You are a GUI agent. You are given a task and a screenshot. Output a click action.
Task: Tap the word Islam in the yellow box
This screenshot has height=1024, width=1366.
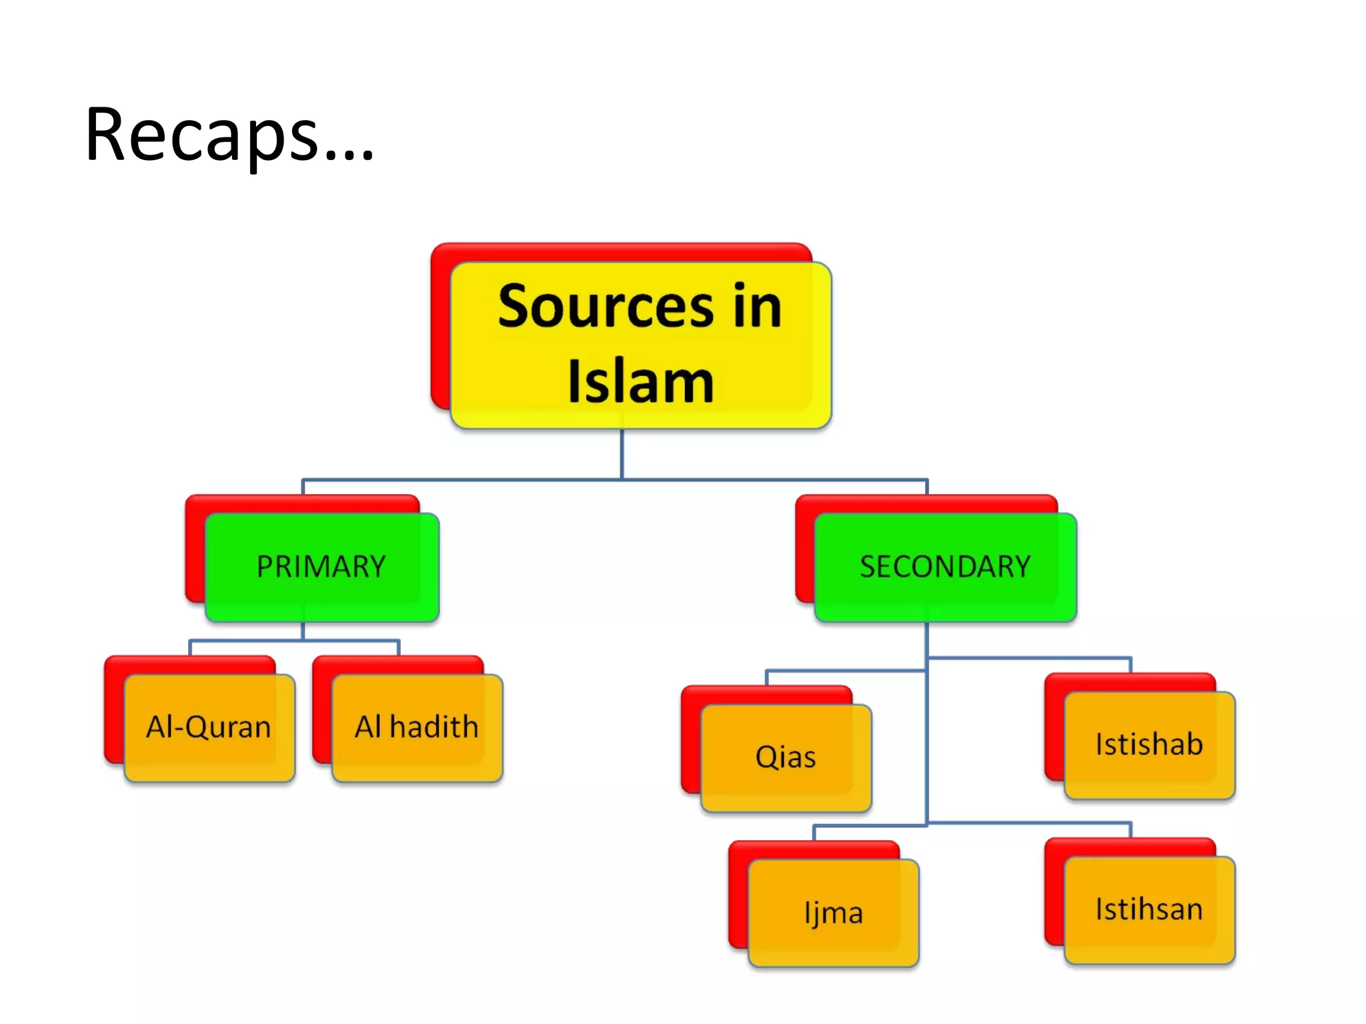coord(640,382)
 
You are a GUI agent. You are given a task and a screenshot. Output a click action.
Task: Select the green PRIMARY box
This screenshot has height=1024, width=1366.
coord(321,567)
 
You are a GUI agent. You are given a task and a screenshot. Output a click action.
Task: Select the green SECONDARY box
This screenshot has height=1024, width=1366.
coord(945,567)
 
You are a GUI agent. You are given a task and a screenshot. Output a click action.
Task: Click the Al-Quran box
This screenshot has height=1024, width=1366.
coord(209,727)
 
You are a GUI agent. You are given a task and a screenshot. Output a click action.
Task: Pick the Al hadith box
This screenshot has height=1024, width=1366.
coord(417,727)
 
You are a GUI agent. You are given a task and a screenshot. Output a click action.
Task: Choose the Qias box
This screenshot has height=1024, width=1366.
coord(786,757)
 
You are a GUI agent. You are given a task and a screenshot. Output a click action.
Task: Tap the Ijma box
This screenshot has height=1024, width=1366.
coord(833,913)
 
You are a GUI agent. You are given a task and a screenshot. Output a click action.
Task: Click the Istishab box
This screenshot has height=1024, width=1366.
coord(1149,745)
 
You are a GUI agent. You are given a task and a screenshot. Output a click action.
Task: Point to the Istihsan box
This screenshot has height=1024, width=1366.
coord(1149,910)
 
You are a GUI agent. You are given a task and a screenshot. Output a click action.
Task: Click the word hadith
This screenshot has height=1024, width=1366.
coord(434,727)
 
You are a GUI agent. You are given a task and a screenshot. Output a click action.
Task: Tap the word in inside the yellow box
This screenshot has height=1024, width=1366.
coord(757,307)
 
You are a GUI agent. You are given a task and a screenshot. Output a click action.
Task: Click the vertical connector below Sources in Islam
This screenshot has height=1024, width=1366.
coord(622,453)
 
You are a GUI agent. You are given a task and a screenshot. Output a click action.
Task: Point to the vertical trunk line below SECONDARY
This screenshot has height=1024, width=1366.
coord(926,733)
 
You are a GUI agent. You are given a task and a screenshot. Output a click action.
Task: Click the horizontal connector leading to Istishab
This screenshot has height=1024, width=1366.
coord(1027,659)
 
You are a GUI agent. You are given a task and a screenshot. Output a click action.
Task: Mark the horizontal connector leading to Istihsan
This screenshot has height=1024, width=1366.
coord(1027,823)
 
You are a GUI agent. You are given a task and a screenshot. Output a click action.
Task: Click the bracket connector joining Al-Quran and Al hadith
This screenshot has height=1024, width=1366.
coord(293,641)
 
